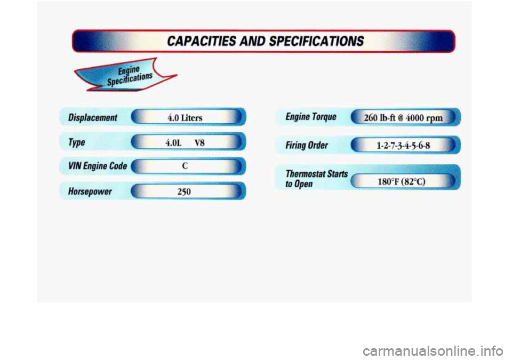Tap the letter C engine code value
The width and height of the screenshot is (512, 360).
coord(184,166)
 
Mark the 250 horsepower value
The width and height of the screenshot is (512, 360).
coord(184,191)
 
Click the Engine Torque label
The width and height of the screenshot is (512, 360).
coord(311,116)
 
